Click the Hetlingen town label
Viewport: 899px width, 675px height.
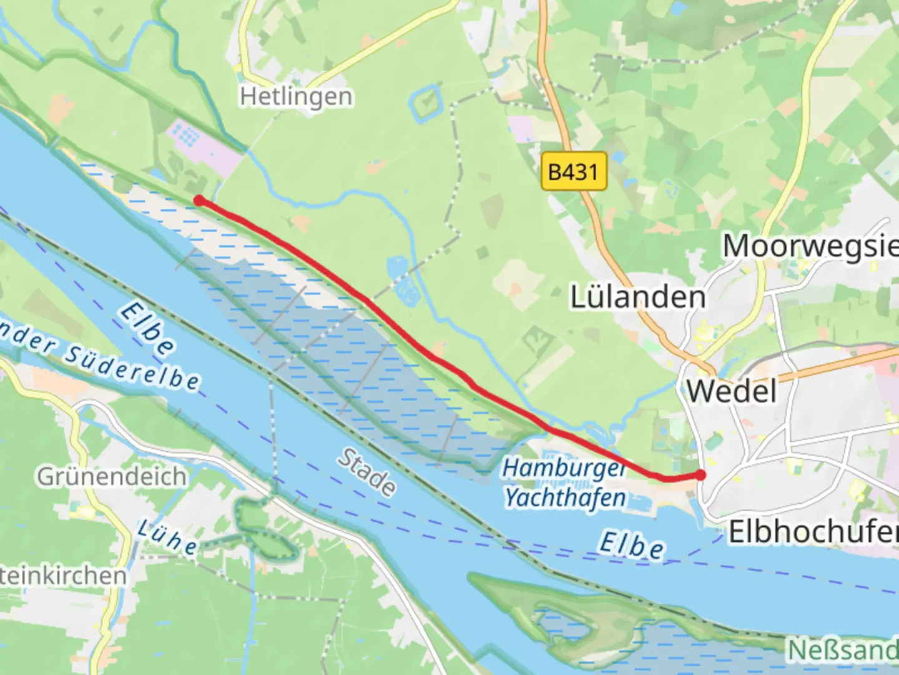[296, 97]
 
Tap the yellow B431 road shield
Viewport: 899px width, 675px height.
[573, 171]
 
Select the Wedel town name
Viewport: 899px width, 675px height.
[732, 392]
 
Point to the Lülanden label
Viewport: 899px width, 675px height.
[637, 297]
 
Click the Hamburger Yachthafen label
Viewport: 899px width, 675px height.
[565, 483]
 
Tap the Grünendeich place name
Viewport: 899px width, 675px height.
[112, 476]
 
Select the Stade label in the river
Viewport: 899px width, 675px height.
[366, 472]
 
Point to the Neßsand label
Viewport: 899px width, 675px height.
[842, 650]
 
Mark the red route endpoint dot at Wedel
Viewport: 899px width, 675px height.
[700, 475]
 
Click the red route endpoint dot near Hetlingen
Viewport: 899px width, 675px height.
[199, 201]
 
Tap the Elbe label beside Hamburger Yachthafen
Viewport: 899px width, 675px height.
[631, 545]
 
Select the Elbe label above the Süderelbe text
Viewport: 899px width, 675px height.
[147, 329]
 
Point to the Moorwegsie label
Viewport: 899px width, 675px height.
[810, 246]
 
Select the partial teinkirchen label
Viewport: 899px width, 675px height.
[62, 576]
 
